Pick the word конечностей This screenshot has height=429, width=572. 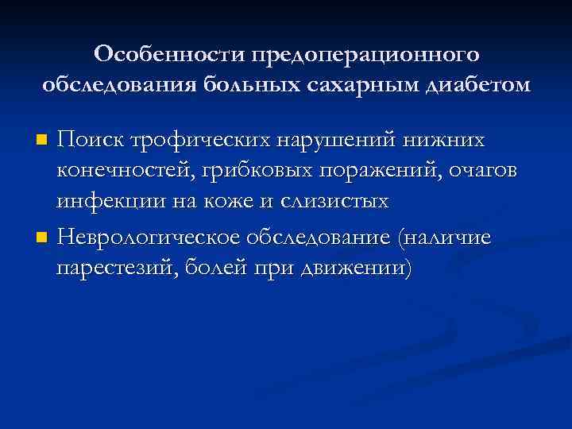pos(122,172)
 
